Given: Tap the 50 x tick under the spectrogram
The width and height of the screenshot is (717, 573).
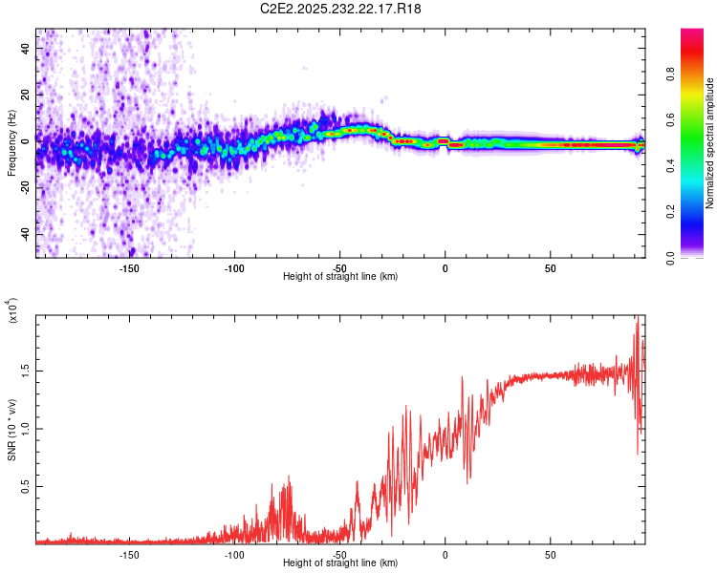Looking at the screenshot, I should tap(551, 267).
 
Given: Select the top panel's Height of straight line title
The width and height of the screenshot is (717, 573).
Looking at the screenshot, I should tap(340, 277).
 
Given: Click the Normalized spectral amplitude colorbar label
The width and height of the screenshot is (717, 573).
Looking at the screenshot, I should tap(710, 143).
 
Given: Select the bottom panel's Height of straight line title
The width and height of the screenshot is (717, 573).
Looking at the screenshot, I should tap(340, 563).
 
